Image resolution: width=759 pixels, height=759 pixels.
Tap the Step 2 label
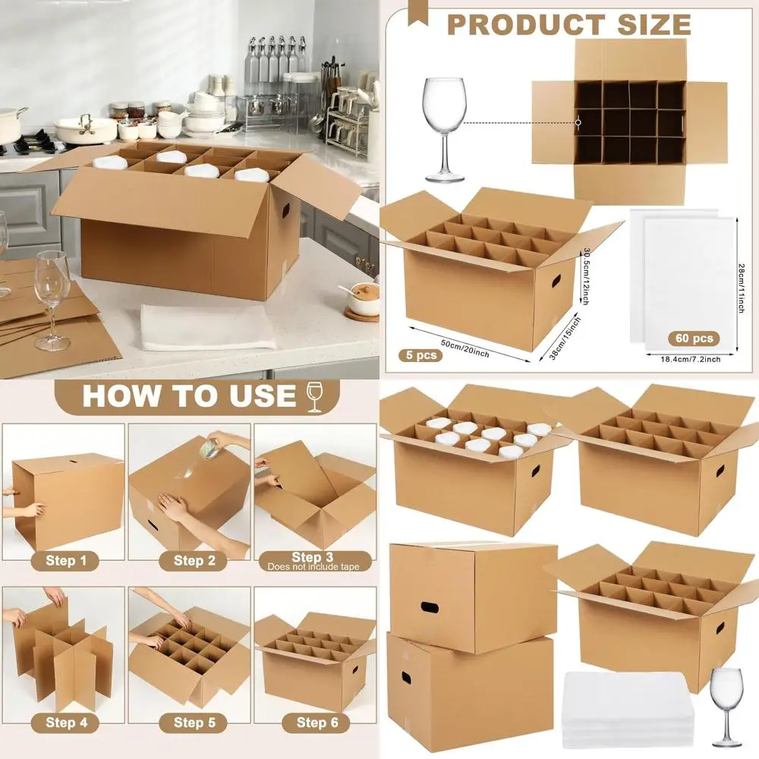(x=189, y=561)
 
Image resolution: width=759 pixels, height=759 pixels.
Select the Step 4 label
(x=66, y=723)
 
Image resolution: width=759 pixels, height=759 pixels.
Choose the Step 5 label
(x=189, y=723)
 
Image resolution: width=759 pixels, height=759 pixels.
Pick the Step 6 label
(x=317, y=723)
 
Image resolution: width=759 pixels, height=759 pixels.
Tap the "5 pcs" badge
(x=420, y=354)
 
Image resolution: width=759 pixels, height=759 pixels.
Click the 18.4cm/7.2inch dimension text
(x=685, y=359)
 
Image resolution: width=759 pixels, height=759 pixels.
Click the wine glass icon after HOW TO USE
(x=314, y=397)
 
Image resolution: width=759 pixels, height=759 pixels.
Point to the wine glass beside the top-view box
(x=445, y=129)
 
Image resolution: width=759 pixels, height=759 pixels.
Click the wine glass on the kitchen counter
(x=52, y=300)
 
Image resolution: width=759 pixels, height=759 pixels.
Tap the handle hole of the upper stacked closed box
(x=430, y=607)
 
